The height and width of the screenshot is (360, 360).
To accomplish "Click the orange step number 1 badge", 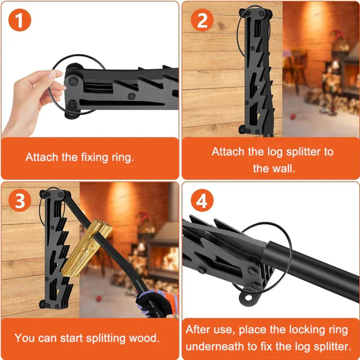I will coord(20,20).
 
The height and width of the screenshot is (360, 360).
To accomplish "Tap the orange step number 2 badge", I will coord(202,20).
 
